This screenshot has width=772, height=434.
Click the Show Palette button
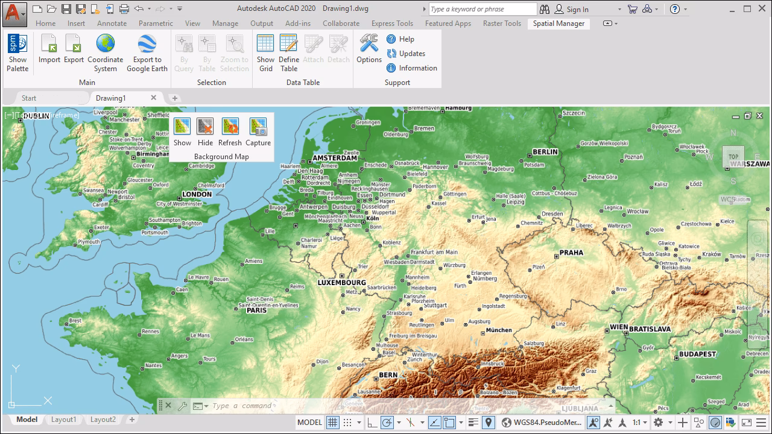click(17, 53)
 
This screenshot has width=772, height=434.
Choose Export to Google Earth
click(147, 53)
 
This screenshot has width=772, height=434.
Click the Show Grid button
click(265, 53)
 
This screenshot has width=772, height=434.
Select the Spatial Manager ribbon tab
click(558, 24)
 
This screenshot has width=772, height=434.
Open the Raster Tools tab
click(501, 24)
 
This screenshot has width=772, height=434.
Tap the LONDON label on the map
click(197, 194)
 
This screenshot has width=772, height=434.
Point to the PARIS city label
click(256, 310)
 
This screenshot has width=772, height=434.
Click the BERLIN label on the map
click(545, 152)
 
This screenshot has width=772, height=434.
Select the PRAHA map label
click(571, 253)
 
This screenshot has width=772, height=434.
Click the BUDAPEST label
click(697, 354)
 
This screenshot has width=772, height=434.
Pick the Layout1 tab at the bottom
click(63, 420)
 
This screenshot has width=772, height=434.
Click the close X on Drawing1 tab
click(154, 98)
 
